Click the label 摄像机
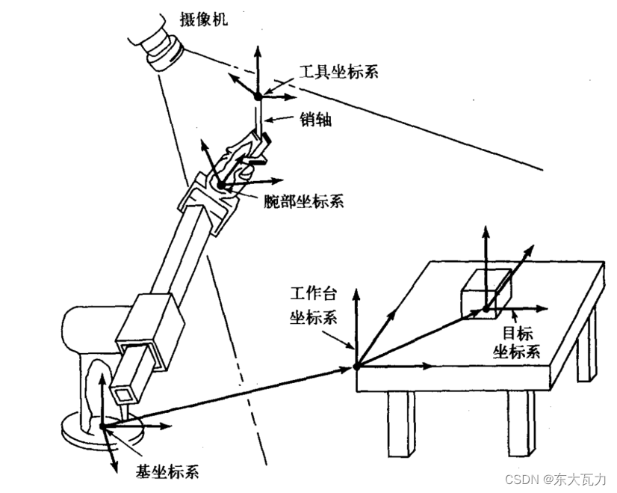pos(203,19)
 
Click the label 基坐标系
pos(167,471)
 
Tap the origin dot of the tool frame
pos(258,96)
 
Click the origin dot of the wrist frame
pos(221,185)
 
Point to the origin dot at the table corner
pos(357,366)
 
